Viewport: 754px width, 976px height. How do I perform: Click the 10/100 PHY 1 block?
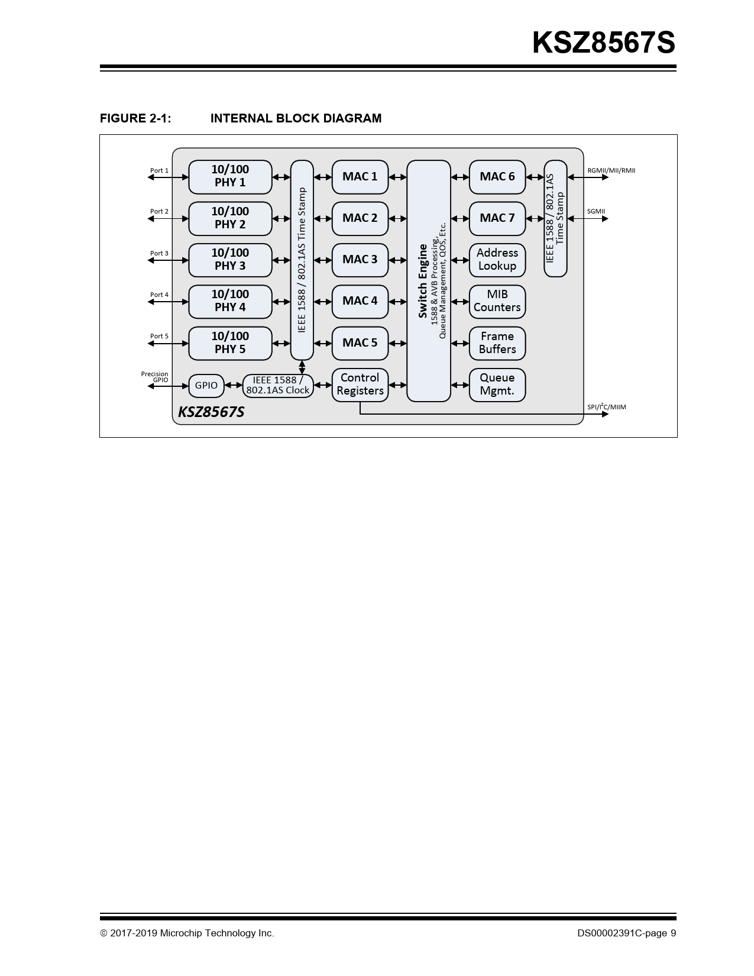[x=230, y=176]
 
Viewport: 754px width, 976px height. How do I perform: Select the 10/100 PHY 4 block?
[x=230, y=301]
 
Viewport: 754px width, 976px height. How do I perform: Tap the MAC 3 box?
[x=360, y=260]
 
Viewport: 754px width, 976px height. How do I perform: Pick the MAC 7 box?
[x=497, y=218]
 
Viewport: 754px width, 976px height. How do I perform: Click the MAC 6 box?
[x=497, y=176]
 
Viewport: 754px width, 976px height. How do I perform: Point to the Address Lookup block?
[x=497, y=260]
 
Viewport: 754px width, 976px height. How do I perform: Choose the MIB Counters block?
[x=497, y=301]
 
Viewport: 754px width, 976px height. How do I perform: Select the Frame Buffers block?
[x=497, y=343]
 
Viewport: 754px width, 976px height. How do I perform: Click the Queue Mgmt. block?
[x=497, y=384]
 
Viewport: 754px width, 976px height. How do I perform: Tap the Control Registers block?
[x=360, y=384]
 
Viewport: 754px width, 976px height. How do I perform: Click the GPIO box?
[x=206, y=386]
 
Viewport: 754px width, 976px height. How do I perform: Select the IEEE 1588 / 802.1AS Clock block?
[x=278, y=386]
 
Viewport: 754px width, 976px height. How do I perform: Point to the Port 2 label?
[x=159, y=211]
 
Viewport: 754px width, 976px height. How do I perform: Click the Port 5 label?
[x=159, y=336]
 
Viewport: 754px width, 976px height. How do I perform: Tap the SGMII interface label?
[x=596, y=211]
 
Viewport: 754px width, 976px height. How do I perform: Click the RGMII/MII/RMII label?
[x=611, y=170]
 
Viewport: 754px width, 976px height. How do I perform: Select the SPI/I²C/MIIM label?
[x=606, y=407]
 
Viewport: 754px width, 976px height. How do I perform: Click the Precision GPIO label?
[x=155, y=377]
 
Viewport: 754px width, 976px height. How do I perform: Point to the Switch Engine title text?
[x=423, y=281]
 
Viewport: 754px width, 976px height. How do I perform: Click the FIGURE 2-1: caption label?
[x=135, y=118]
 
